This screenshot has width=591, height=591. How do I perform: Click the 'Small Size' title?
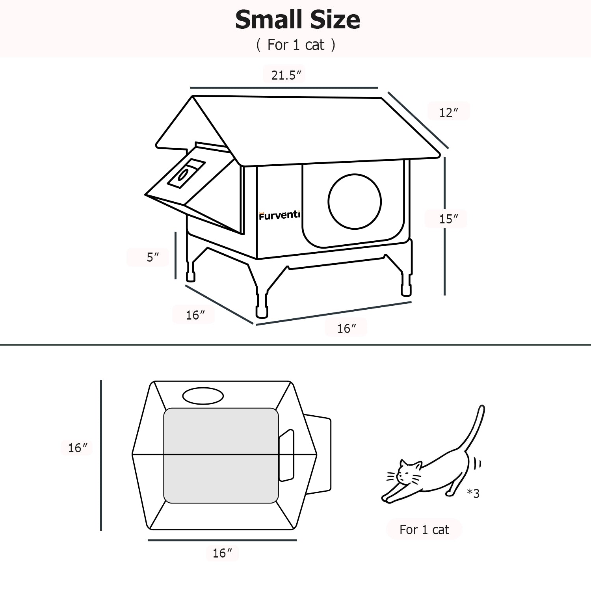click(x=297, y=20)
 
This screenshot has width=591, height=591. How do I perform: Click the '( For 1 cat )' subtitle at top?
click(x=295, y=45)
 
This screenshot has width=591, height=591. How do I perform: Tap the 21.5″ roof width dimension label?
click(x=286, y=75)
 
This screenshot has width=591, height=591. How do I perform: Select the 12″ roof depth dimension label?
click(x=449, y=113)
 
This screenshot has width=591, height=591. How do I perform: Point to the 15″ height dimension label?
click(x=449, y=219)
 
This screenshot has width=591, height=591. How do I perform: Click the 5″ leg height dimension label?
click(x=152, y=257)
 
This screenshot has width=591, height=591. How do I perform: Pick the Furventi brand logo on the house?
click(x=279, y=216)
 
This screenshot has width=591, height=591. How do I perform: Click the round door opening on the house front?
click(x=355, y=201)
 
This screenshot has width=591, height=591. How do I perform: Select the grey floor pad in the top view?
click(x=221, y=455)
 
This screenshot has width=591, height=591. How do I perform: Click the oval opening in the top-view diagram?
click(x=203, y=396)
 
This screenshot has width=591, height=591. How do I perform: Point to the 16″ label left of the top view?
click(x=78, y=448)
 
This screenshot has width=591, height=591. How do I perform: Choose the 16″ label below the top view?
click(x=222, y=553)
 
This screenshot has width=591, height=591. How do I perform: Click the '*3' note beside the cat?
click(x=473, y=493)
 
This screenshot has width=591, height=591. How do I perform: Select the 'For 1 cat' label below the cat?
click(x=424, y=530)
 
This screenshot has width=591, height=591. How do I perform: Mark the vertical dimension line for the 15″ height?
click(x=445, y=226)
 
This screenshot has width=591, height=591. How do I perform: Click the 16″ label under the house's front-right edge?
click(x=346, y=328)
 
